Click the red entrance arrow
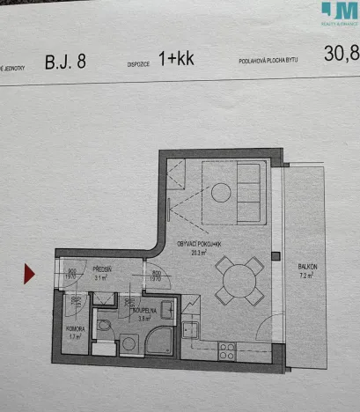pyautogui.click(x=30, y=275)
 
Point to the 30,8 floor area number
pyautogui.click(x=342, y=54)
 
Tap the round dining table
pyautogui.click(x=240, y=281)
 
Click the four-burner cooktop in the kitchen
pyautogui.click(x=226, y=350)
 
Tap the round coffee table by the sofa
pyautogui.click(x=220, y=191)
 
